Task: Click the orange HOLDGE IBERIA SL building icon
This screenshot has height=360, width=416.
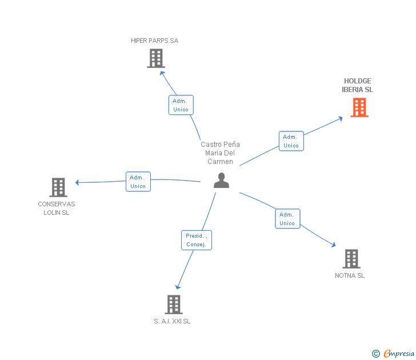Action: pos(359,107)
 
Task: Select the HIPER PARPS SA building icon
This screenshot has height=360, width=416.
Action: pos(155,58)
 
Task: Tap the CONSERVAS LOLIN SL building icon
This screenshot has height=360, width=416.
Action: pos(58,187)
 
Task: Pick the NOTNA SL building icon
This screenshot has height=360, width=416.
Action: pos(351,259)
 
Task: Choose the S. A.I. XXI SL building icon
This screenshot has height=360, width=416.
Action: pos(173,305)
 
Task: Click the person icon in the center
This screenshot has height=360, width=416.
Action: pos(221,181)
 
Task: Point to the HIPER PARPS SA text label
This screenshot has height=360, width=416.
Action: pos(154,41)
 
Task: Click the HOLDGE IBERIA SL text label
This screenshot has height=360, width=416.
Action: pos(358,85)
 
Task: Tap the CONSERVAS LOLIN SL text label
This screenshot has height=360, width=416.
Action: pos(57,209)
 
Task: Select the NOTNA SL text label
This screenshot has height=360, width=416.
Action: pos(350,275)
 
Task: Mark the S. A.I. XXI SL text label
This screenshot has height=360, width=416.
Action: pos(172,321)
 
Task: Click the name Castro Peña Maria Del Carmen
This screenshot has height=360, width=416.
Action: pos(220,153)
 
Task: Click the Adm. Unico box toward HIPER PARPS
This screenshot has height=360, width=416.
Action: pos(181,105)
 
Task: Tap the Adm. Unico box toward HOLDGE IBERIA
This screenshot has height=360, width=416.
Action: pos(291,141)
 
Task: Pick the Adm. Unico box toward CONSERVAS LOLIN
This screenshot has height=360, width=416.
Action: pos(138,182)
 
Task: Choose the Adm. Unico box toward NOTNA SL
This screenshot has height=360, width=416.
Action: pos(287,219)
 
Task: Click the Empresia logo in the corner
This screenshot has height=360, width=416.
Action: pos(398,354)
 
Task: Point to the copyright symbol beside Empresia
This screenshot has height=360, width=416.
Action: pos(375,354)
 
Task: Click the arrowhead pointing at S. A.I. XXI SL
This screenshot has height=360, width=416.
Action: pos(178,287)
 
